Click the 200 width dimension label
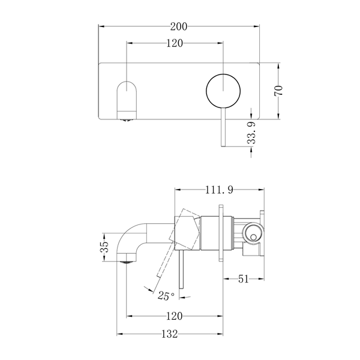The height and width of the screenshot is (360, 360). click(179, 26)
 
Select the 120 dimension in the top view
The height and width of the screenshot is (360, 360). click(175, 43)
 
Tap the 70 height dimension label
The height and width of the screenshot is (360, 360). click(278, 91)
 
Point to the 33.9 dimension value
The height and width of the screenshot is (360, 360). click(252, 133)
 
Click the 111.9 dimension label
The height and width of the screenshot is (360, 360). click(219, 190)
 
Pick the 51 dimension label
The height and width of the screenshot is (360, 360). click(244, 279)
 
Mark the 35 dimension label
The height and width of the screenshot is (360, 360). click(104, 247)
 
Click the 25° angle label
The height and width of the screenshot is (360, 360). click(166, 296)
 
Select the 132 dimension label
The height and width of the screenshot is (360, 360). click(170, 334)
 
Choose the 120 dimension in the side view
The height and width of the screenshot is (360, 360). click(174, 316)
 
